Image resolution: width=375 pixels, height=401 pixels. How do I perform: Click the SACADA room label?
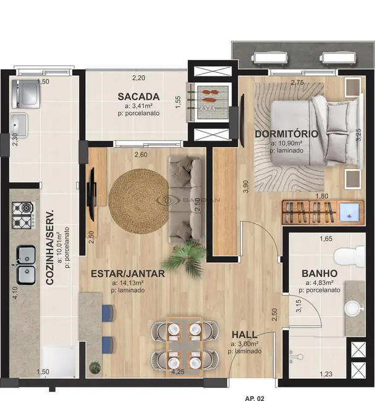(139, 96)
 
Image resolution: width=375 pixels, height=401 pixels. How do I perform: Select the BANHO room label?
(319, 273)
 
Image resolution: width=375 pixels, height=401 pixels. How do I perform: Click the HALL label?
(244, 334)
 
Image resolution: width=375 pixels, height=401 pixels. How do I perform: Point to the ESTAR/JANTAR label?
(128, 274)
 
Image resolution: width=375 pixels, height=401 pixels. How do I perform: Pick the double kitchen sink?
(25, 263)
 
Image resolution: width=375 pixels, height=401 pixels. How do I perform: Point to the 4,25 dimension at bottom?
(177, 373)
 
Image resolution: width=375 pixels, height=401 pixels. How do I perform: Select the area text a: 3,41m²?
(139, 106)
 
